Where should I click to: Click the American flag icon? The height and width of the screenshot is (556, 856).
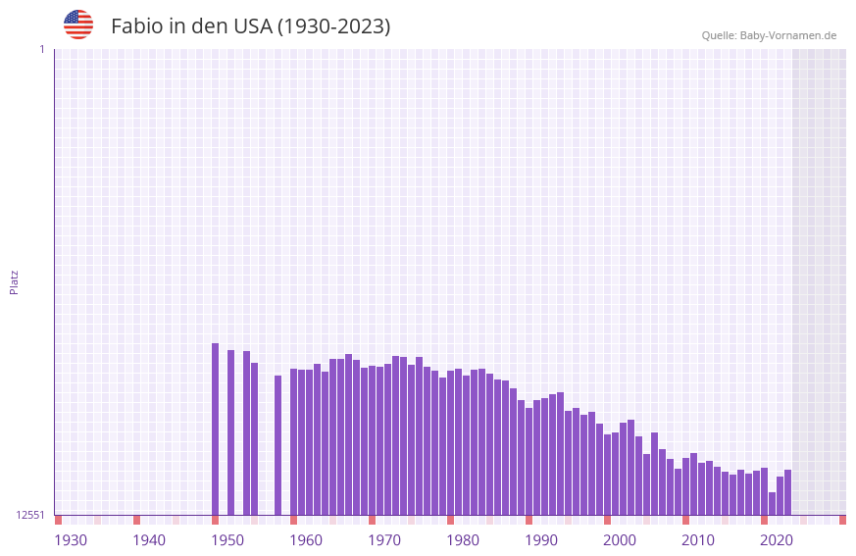(78, 25)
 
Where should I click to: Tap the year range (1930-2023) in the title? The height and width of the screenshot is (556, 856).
(333, 26)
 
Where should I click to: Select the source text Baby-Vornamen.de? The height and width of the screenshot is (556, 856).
(787, 35)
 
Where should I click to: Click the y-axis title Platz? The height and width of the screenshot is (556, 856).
(14, 281)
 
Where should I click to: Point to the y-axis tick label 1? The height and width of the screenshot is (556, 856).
(41, 49)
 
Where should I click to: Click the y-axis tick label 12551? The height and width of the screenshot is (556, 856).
(30, 515)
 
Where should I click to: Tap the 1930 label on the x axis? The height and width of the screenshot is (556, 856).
(71, 540)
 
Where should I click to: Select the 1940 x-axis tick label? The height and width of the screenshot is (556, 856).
(149, 540)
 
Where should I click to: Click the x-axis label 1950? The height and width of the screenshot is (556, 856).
(227, 540)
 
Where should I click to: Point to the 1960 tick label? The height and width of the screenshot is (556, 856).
(306, 540)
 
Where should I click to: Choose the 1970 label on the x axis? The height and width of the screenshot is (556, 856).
(384, 540)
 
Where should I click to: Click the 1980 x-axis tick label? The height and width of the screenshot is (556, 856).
(463, 540)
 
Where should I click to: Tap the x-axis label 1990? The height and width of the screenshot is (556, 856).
(541, 540)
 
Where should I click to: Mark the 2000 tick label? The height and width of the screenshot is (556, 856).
(620, 540)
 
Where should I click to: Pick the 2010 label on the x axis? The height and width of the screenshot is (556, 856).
(698, 540)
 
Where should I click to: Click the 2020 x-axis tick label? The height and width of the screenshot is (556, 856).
(777, 540)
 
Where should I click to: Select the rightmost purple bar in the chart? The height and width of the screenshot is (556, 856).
(788, 492)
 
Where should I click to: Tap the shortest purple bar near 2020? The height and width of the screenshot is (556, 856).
(773, 503)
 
